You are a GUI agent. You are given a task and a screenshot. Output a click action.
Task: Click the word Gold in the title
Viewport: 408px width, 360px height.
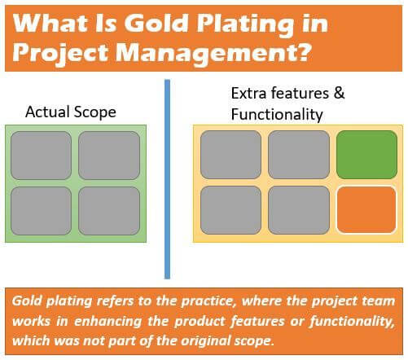[156, 23]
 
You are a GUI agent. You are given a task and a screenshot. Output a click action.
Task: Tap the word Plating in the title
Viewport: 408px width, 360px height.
[245, 25]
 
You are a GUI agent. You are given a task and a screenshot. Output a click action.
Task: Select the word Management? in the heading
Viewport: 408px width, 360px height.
[213, 53]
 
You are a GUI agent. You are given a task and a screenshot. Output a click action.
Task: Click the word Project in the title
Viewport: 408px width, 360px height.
[60, 53]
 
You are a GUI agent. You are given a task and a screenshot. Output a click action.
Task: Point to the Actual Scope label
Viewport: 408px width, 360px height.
[71, 112]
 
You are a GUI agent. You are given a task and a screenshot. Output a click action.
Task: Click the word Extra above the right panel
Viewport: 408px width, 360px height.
[248, 93]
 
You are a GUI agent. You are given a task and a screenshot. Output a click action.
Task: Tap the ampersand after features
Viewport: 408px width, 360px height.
[339, 93]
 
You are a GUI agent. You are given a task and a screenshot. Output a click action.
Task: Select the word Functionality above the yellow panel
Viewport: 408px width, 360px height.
[277, 114]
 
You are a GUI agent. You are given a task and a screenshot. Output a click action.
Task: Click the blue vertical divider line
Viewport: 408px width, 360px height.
[167, 179]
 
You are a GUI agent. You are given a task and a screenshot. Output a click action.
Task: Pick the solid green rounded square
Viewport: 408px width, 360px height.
[366, 155]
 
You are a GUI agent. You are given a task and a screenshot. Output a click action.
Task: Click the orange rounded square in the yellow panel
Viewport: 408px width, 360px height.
[366, 210]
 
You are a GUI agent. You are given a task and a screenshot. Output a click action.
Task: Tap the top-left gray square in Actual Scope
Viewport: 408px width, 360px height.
[41, 156]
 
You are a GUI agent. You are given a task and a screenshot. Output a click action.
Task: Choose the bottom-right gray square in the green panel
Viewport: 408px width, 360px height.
[109, 211]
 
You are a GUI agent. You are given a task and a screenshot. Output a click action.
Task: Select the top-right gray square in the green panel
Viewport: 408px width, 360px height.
[109, 156]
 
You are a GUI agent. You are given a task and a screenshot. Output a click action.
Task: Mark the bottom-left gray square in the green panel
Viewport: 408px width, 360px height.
[41, 211]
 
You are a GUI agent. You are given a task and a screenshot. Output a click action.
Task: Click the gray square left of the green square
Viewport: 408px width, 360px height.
[299, 155]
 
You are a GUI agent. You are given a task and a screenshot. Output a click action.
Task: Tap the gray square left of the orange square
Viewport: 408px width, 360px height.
[299, 210]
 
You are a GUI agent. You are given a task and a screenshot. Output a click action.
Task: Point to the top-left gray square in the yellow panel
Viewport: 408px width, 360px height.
[230, 155]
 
